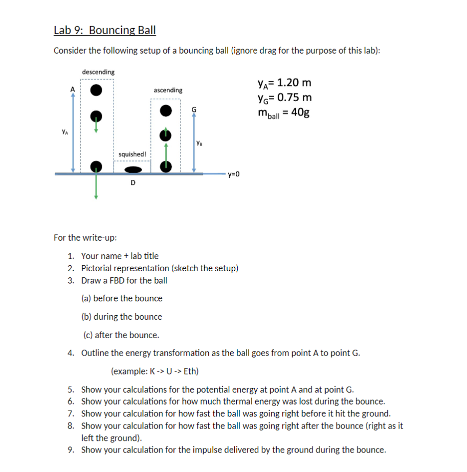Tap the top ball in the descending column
pyautogui.click(x=95, y=90)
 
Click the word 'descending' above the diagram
pyautogui.click(x=98, y=72)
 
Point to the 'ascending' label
pyautogui.click(x=168, y=90)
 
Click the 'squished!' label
pyautogui.click(x=132, y=154)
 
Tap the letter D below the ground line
pyautogui.click(x=133, y=182)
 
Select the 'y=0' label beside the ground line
pyautogui.click(x=233, y=174)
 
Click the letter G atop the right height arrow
pyautogui.click(x=193, y=109)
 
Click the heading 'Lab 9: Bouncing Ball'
pyautogui.click(x=104, y=30)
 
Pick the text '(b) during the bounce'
pyautogui.click(x=122, y=317)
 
